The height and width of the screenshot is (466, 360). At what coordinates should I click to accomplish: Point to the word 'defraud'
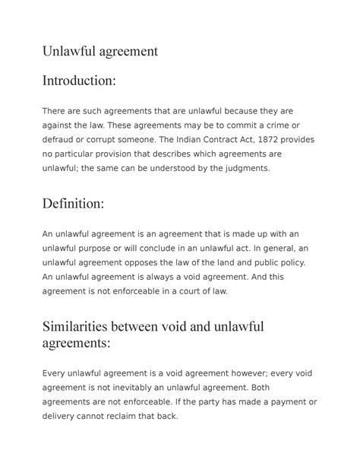click(x=62, y=140)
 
